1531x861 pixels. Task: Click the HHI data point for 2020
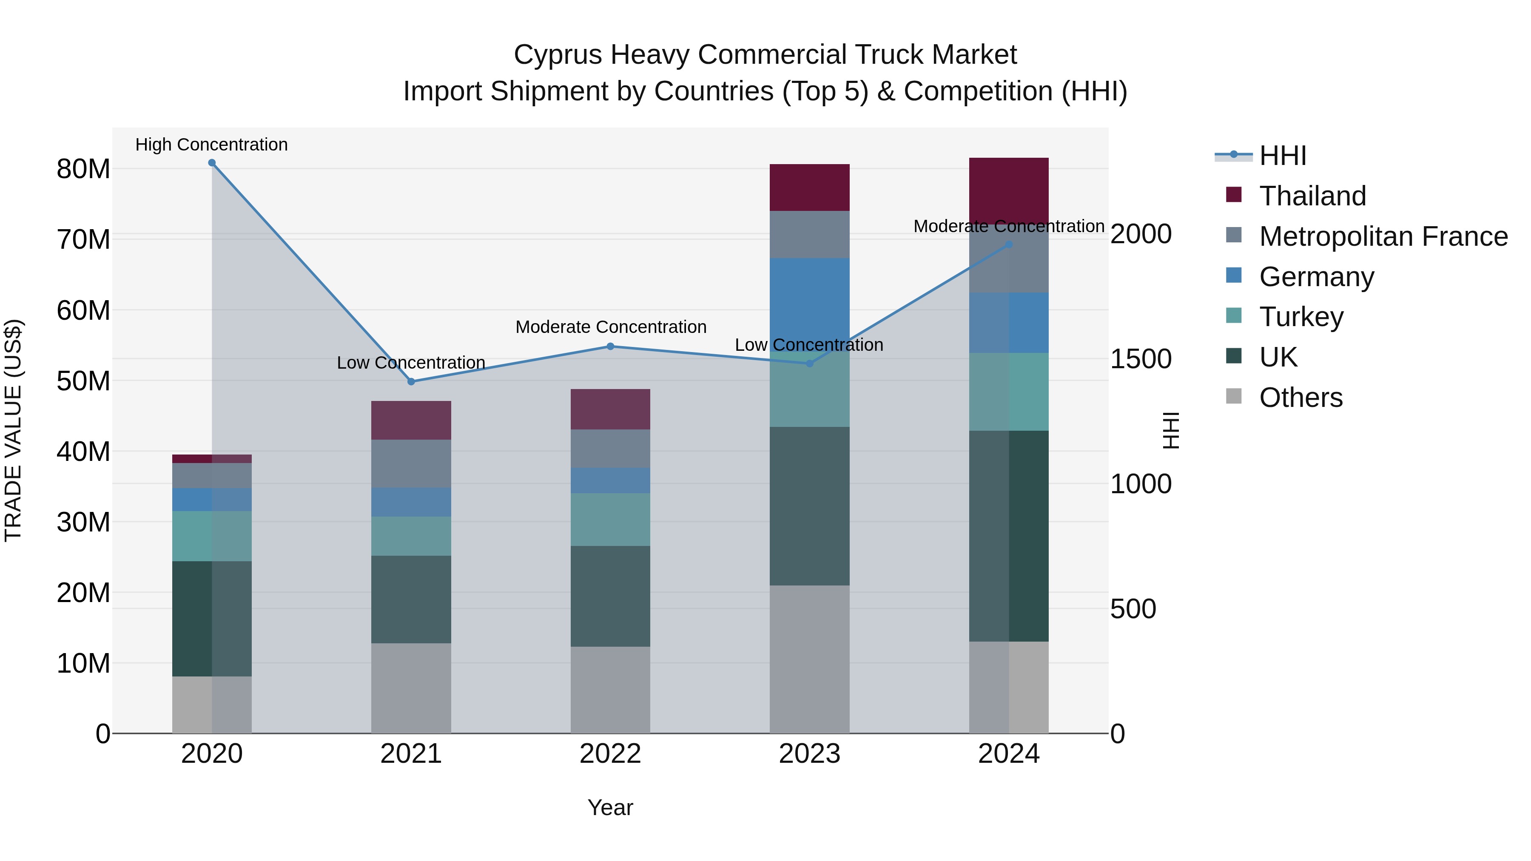click(x=212, y=163)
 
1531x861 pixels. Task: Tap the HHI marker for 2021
click(x=411, y=381)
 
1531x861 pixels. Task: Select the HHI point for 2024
click(x=1009, y=244)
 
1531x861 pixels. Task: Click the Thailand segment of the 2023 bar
click(x=809, y=187)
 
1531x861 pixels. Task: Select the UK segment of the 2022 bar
click(x=610, y=596)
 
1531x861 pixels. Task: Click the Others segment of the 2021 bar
click(x=411, y=688)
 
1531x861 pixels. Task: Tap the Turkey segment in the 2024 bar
click(x=1009, y=392)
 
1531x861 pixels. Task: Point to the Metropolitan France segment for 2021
click(x=411, y=463)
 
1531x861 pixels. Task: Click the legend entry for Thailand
click(x=1312, y=196)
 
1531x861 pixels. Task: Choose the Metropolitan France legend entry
click(x=1383, y=236)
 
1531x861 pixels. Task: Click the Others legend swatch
click(x=1234, y=396)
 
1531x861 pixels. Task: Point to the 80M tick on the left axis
click(x=83, y=169)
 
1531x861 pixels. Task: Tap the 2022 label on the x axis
click(x=610, y=754)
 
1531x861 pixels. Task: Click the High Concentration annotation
click(x=212, y=145)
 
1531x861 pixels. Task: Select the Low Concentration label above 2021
click(x=411, y=362)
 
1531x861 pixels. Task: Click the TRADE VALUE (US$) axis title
click(x=13, y=430)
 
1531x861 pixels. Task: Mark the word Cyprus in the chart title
click(x=558, y=55)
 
